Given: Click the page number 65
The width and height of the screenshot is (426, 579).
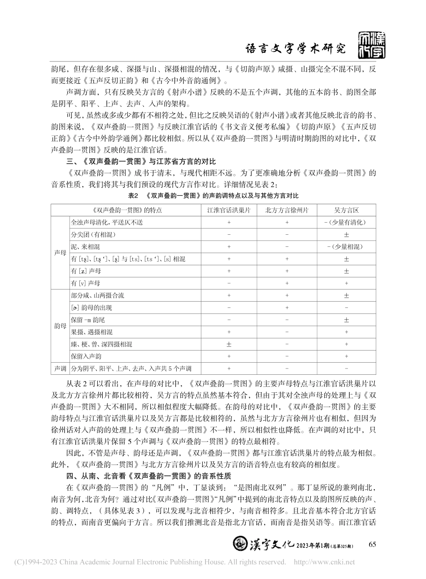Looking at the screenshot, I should pyautogui.click(x=372, y=544).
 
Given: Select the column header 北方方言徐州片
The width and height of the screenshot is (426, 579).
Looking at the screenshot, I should pyautogui.click(x=287, y=210).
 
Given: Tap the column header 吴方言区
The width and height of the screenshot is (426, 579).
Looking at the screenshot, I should pyautogui.click(x=346, y=210).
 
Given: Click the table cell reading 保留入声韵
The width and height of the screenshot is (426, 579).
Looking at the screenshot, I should pyautogui.click(x=86, y=356).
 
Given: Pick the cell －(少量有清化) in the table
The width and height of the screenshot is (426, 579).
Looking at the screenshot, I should pyautogui.click(x=346, y=222).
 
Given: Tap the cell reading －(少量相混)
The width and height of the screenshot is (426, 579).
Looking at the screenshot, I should pyautogui.click(x=346, y=247).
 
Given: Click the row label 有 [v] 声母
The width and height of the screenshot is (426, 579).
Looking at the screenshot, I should pyautogui.click(x=86, y=283).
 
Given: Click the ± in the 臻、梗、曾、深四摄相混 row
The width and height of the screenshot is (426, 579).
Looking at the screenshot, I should pyautogui.click(x=229, y=344).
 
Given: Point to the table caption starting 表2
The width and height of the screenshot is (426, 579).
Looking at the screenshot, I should pyautogui.click(x=213, y=196).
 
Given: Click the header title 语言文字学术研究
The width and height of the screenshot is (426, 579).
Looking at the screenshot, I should pyautogui.click(x=297, y=48).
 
